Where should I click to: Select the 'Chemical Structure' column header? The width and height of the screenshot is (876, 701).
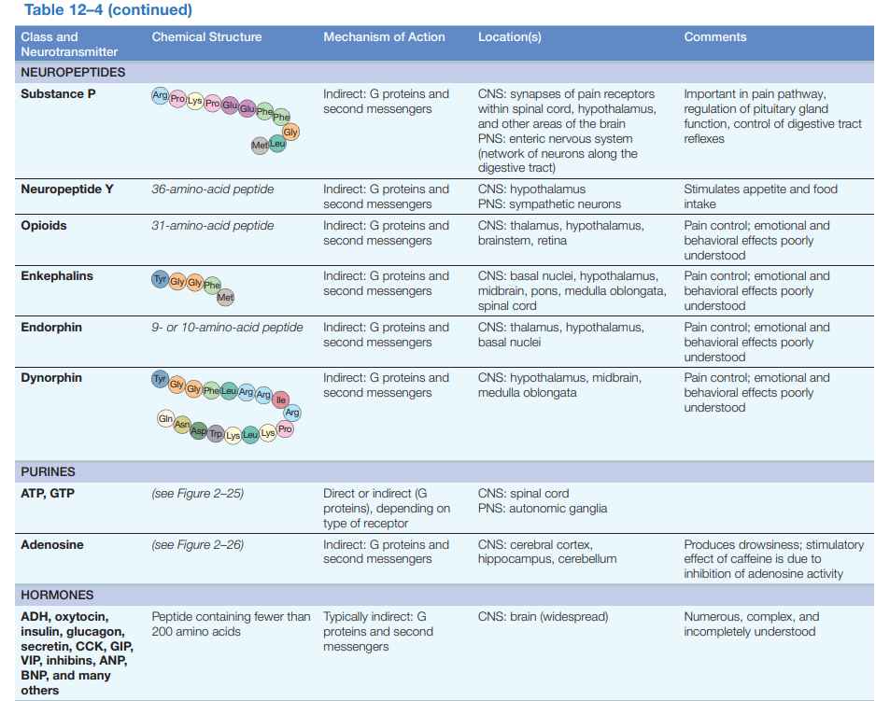pos(206,37)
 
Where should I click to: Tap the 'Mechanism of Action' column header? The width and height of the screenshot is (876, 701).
pos(384,37)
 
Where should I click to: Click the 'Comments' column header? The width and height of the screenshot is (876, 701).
pos(714,37)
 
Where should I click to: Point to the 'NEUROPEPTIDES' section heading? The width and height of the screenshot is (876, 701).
pos(73,72)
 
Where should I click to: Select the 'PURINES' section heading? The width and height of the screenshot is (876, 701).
pos(48,472)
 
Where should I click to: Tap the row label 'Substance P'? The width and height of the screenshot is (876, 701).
pos(58,94)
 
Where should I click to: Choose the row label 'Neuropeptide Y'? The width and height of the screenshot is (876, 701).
pos(67,189)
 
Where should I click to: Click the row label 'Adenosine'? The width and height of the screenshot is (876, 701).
pos(51,545)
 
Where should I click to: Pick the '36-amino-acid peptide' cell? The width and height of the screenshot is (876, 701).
pos(212,189)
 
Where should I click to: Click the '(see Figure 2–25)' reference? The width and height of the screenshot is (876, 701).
pos(197,494)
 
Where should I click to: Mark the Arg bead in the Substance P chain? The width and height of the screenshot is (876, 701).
pos(160,96)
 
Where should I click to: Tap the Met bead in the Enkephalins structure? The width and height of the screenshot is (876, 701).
pos(225,298)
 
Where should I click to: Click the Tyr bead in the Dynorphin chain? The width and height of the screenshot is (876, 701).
pos(160,380)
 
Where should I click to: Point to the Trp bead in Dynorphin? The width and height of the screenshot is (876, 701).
pos(216,434)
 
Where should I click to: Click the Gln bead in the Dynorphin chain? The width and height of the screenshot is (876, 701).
pos(166,420)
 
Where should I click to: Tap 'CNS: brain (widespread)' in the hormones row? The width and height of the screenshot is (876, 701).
pos(543,617)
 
